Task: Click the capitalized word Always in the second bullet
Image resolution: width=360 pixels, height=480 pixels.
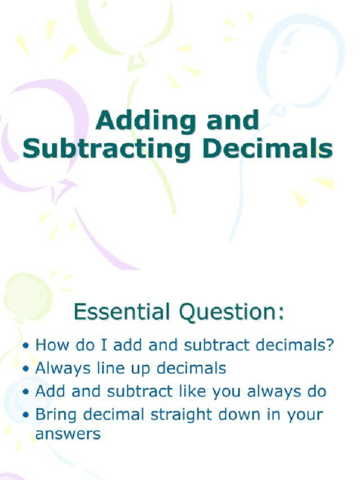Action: click(x=63, y=369)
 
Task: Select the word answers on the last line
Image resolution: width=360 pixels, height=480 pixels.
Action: click(x=68, y=434)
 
